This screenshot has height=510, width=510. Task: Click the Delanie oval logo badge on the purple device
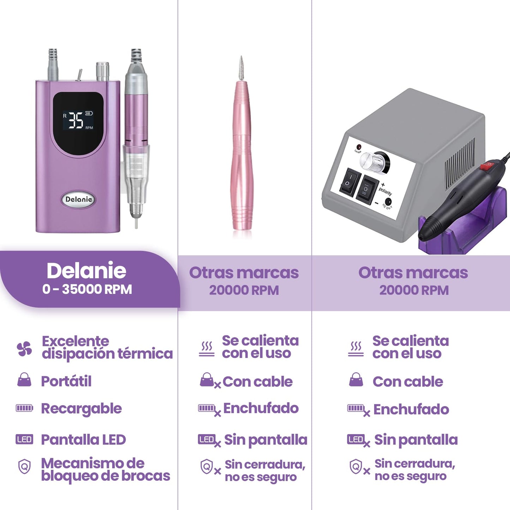[78, 199]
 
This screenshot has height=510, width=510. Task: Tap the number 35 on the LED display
[76, 120]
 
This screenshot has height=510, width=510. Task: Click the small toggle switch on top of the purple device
[79, 74]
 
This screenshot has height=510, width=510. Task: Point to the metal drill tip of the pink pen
[241, 68]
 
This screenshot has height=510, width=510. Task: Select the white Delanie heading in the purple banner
[86, 270]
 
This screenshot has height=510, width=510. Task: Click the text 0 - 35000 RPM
[87, 289]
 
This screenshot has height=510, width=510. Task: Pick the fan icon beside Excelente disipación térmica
[24, 349]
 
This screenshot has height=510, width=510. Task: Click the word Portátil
[66, 382]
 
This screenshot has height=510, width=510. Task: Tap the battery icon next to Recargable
[24, 408]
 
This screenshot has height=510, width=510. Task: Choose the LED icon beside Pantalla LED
[24, 440]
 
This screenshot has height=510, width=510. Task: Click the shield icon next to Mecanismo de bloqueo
[24, 467]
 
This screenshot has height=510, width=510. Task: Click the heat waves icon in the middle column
[207, 349]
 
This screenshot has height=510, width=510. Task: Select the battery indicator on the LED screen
[89, 113]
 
